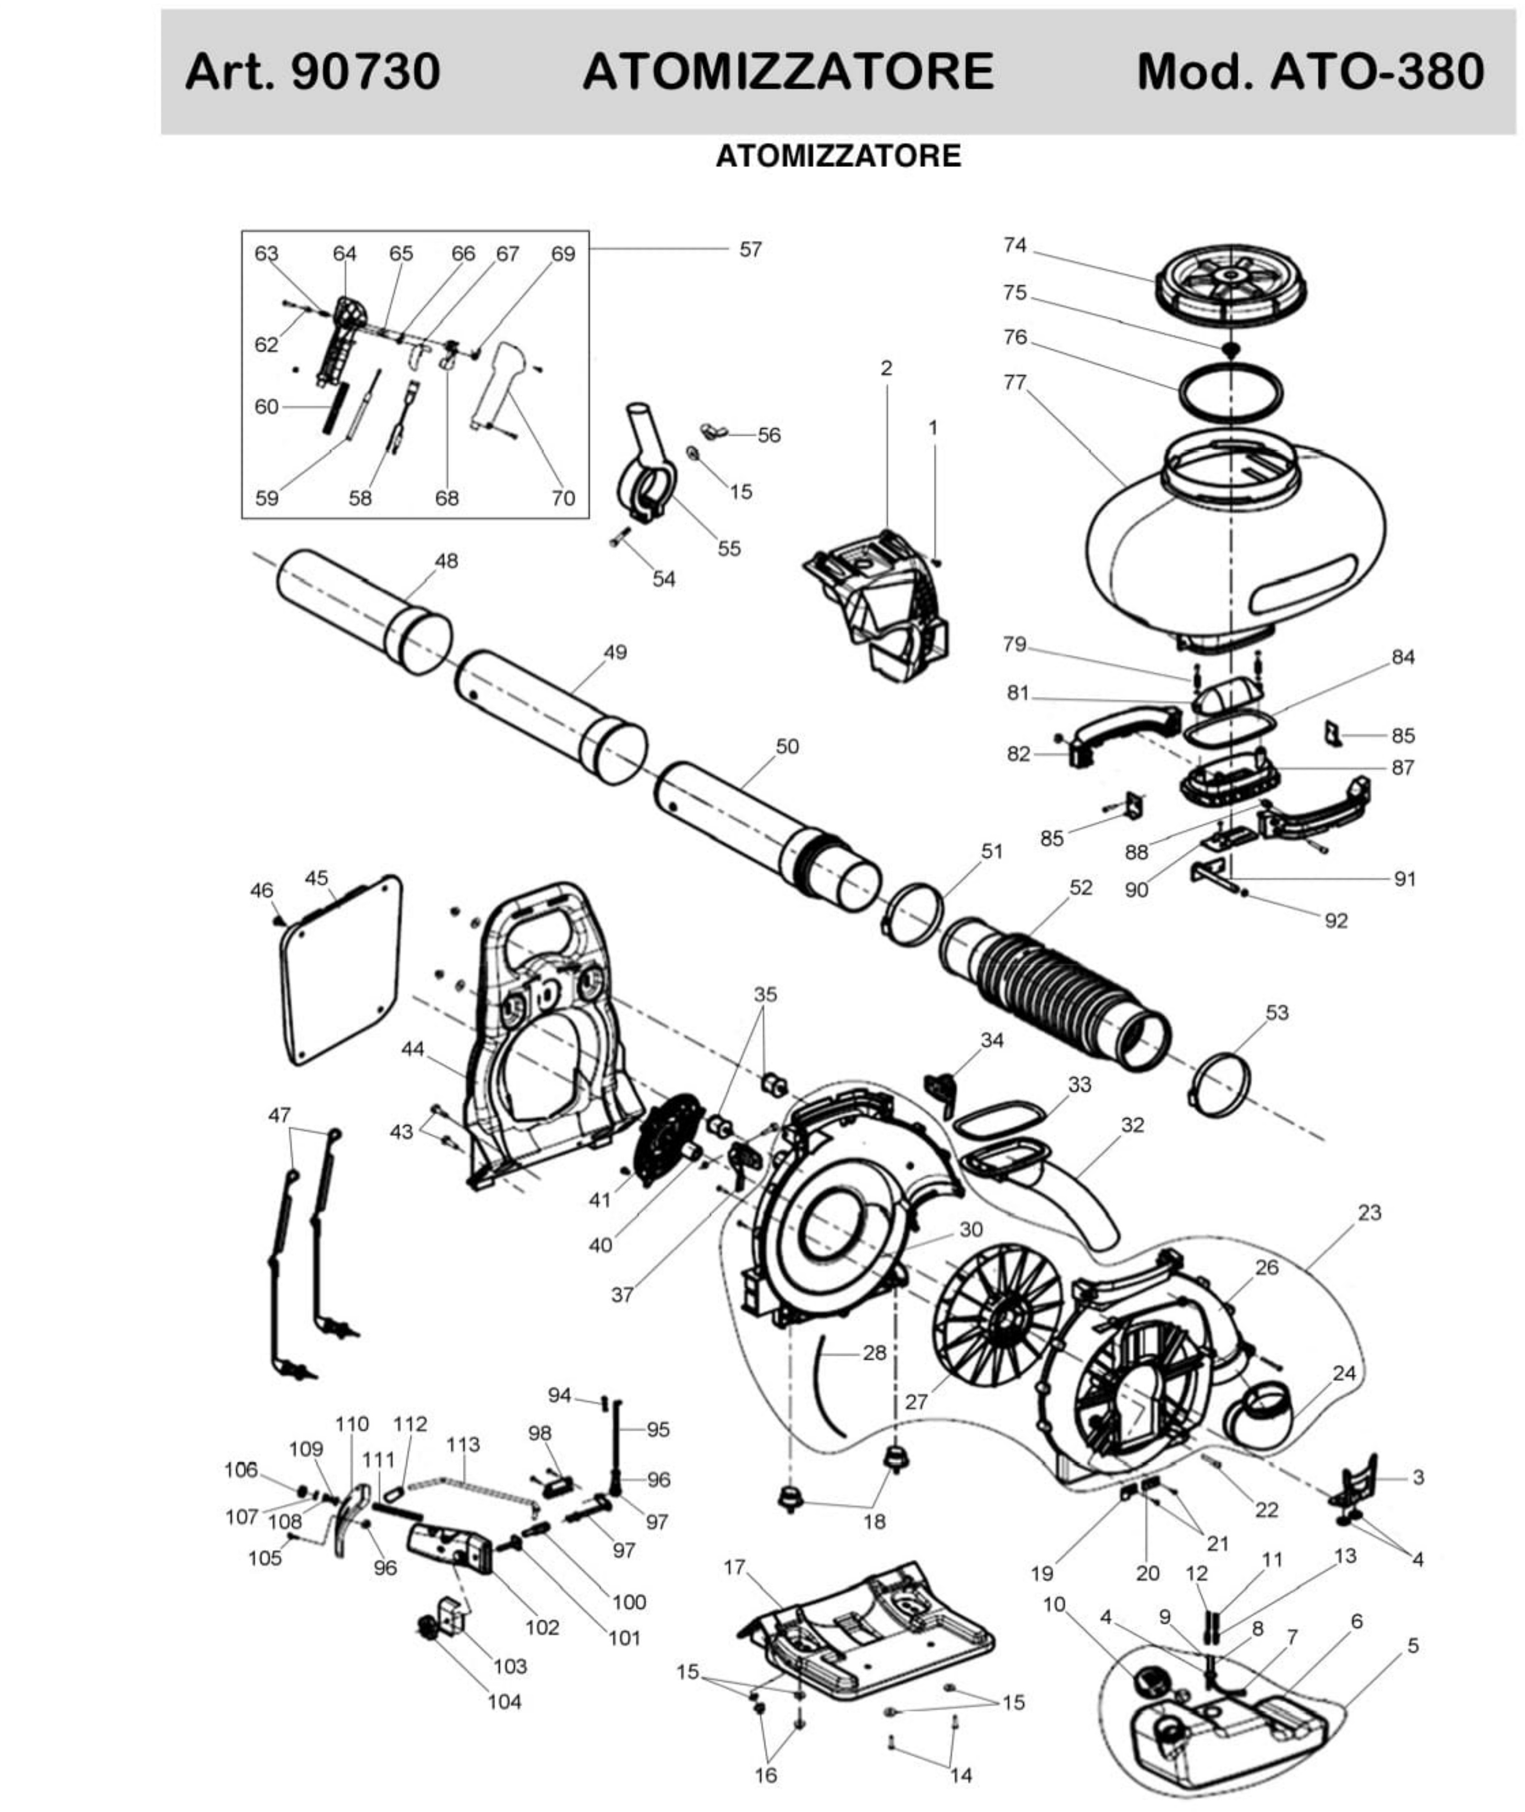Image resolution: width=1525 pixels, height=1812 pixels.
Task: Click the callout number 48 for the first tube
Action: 446,561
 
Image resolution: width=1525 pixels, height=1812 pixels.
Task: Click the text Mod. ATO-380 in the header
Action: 1310,72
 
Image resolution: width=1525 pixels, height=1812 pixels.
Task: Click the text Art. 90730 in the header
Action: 313,72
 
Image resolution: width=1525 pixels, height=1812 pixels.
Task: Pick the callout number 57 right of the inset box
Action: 750,250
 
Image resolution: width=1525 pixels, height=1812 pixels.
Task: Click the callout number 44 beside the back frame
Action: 413,1049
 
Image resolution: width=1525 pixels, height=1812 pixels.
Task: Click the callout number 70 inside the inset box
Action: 563,498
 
